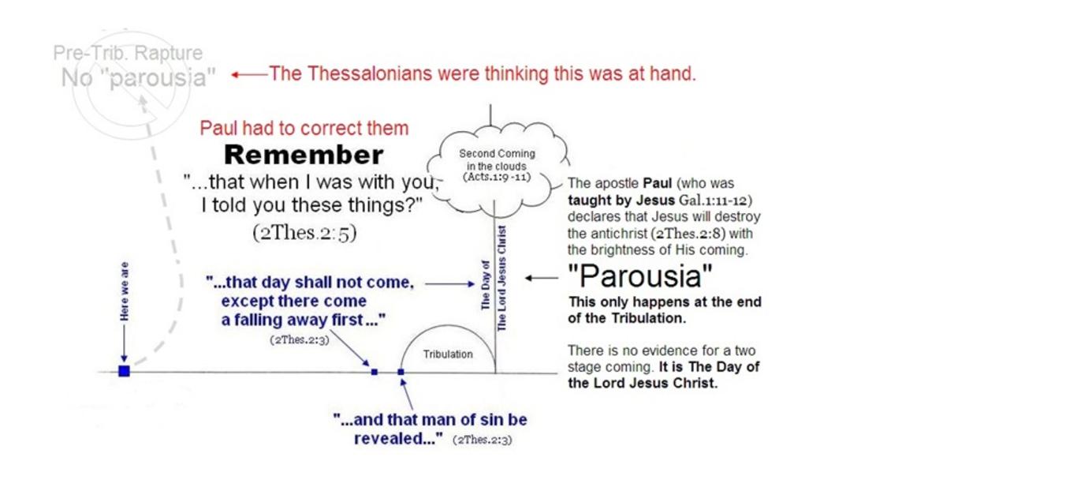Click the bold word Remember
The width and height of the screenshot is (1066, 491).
click(x=304, y=156)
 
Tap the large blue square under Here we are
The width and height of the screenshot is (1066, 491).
click(x=125, y=371)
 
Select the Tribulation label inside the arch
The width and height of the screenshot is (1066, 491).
click(x=448, y=354)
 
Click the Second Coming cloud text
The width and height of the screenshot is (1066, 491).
click(x=497, y=160)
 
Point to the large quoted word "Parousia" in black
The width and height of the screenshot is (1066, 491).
click(x=640, y=275)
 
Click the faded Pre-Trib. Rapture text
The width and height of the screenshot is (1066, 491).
click(x=128, y=53)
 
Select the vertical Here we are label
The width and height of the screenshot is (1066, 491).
click(x=125, y=291)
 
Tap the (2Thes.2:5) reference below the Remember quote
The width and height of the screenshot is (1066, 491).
click(x=304, y=233)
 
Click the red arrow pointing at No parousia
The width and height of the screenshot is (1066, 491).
click(x=249, y=75)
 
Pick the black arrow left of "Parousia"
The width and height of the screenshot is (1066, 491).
click(x=542, y=278)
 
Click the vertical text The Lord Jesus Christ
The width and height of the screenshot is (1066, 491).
click(x=501, y=278)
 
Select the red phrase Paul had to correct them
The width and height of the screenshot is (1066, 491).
click(x=304, y=128)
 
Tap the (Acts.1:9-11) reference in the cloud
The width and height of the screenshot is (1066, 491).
click(x=497, y=177)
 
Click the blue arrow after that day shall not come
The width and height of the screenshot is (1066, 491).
click(x=449, y=284)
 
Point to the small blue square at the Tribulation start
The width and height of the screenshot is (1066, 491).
click(x=401, y=372)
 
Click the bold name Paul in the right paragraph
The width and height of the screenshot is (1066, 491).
click(x=658, y=183)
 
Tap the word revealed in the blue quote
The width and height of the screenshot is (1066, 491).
click(x=396, y=439)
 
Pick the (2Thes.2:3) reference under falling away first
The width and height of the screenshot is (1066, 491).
click(x=300, y=340)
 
